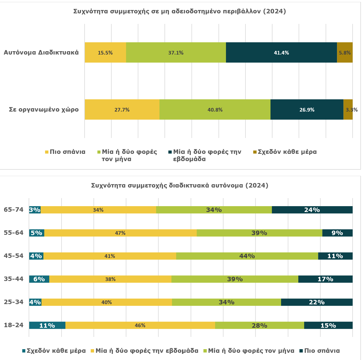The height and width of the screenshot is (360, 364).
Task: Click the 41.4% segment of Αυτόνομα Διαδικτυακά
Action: [281, 53]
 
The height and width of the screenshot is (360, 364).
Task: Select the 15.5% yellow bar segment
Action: [105, 53]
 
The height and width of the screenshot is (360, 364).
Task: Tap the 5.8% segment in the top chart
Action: [345, 53]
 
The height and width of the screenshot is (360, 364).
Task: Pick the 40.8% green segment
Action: [215, 110]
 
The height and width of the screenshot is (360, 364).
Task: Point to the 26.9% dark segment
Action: [307, 110]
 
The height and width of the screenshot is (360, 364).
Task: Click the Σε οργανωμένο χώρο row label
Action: [44, 110]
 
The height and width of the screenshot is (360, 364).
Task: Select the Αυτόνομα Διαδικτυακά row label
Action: [41, 53]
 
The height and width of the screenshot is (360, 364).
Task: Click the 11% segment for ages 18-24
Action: [47, 325]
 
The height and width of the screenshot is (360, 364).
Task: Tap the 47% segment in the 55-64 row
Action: [120, 233]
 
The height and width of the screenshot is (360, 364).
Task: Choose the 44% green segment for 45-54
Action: [247, 256]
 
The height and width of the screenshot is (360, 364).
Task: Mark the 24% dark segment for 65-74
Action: [312, 210]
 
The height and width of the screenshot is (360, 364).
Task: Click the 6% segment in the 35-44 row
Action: [39, 279]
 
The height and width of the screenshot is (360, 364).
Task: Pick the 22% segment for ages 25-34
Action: [317, 302]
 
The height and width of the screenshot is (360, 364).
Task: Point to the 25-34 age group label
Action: [14, 302]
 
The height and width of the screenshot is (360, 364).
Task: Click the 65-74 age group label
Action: [14, 210]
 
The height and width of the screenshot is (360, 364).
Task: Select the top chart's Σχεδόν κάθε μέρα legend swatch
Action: [255, 152]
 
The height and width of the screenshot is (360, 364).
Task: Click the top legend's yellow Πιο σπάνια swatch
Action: [47, 152]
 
